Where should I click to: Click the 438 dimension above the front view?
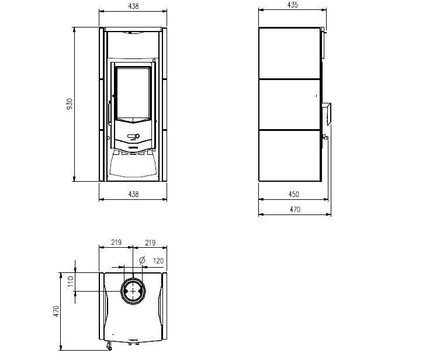(x=133, y=6)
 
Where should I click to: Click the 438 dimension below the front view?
(x=133, y=194)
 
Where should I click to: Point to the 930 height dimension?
(x=70, y=104)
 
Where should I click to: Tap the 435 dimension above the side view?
(x=293, y=5)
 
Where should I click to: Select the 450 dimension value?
(x=294, y=194)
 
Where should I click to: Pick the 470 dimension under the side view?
(x=295, y=209)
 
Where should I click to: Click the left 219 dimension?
(x=116, y=242)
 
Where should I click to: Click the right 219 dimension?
(x=150, y=243)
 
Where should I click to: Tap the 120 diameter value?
(x=158, y=261)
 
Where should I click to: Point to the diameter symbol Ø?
(x=142, y=260)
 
